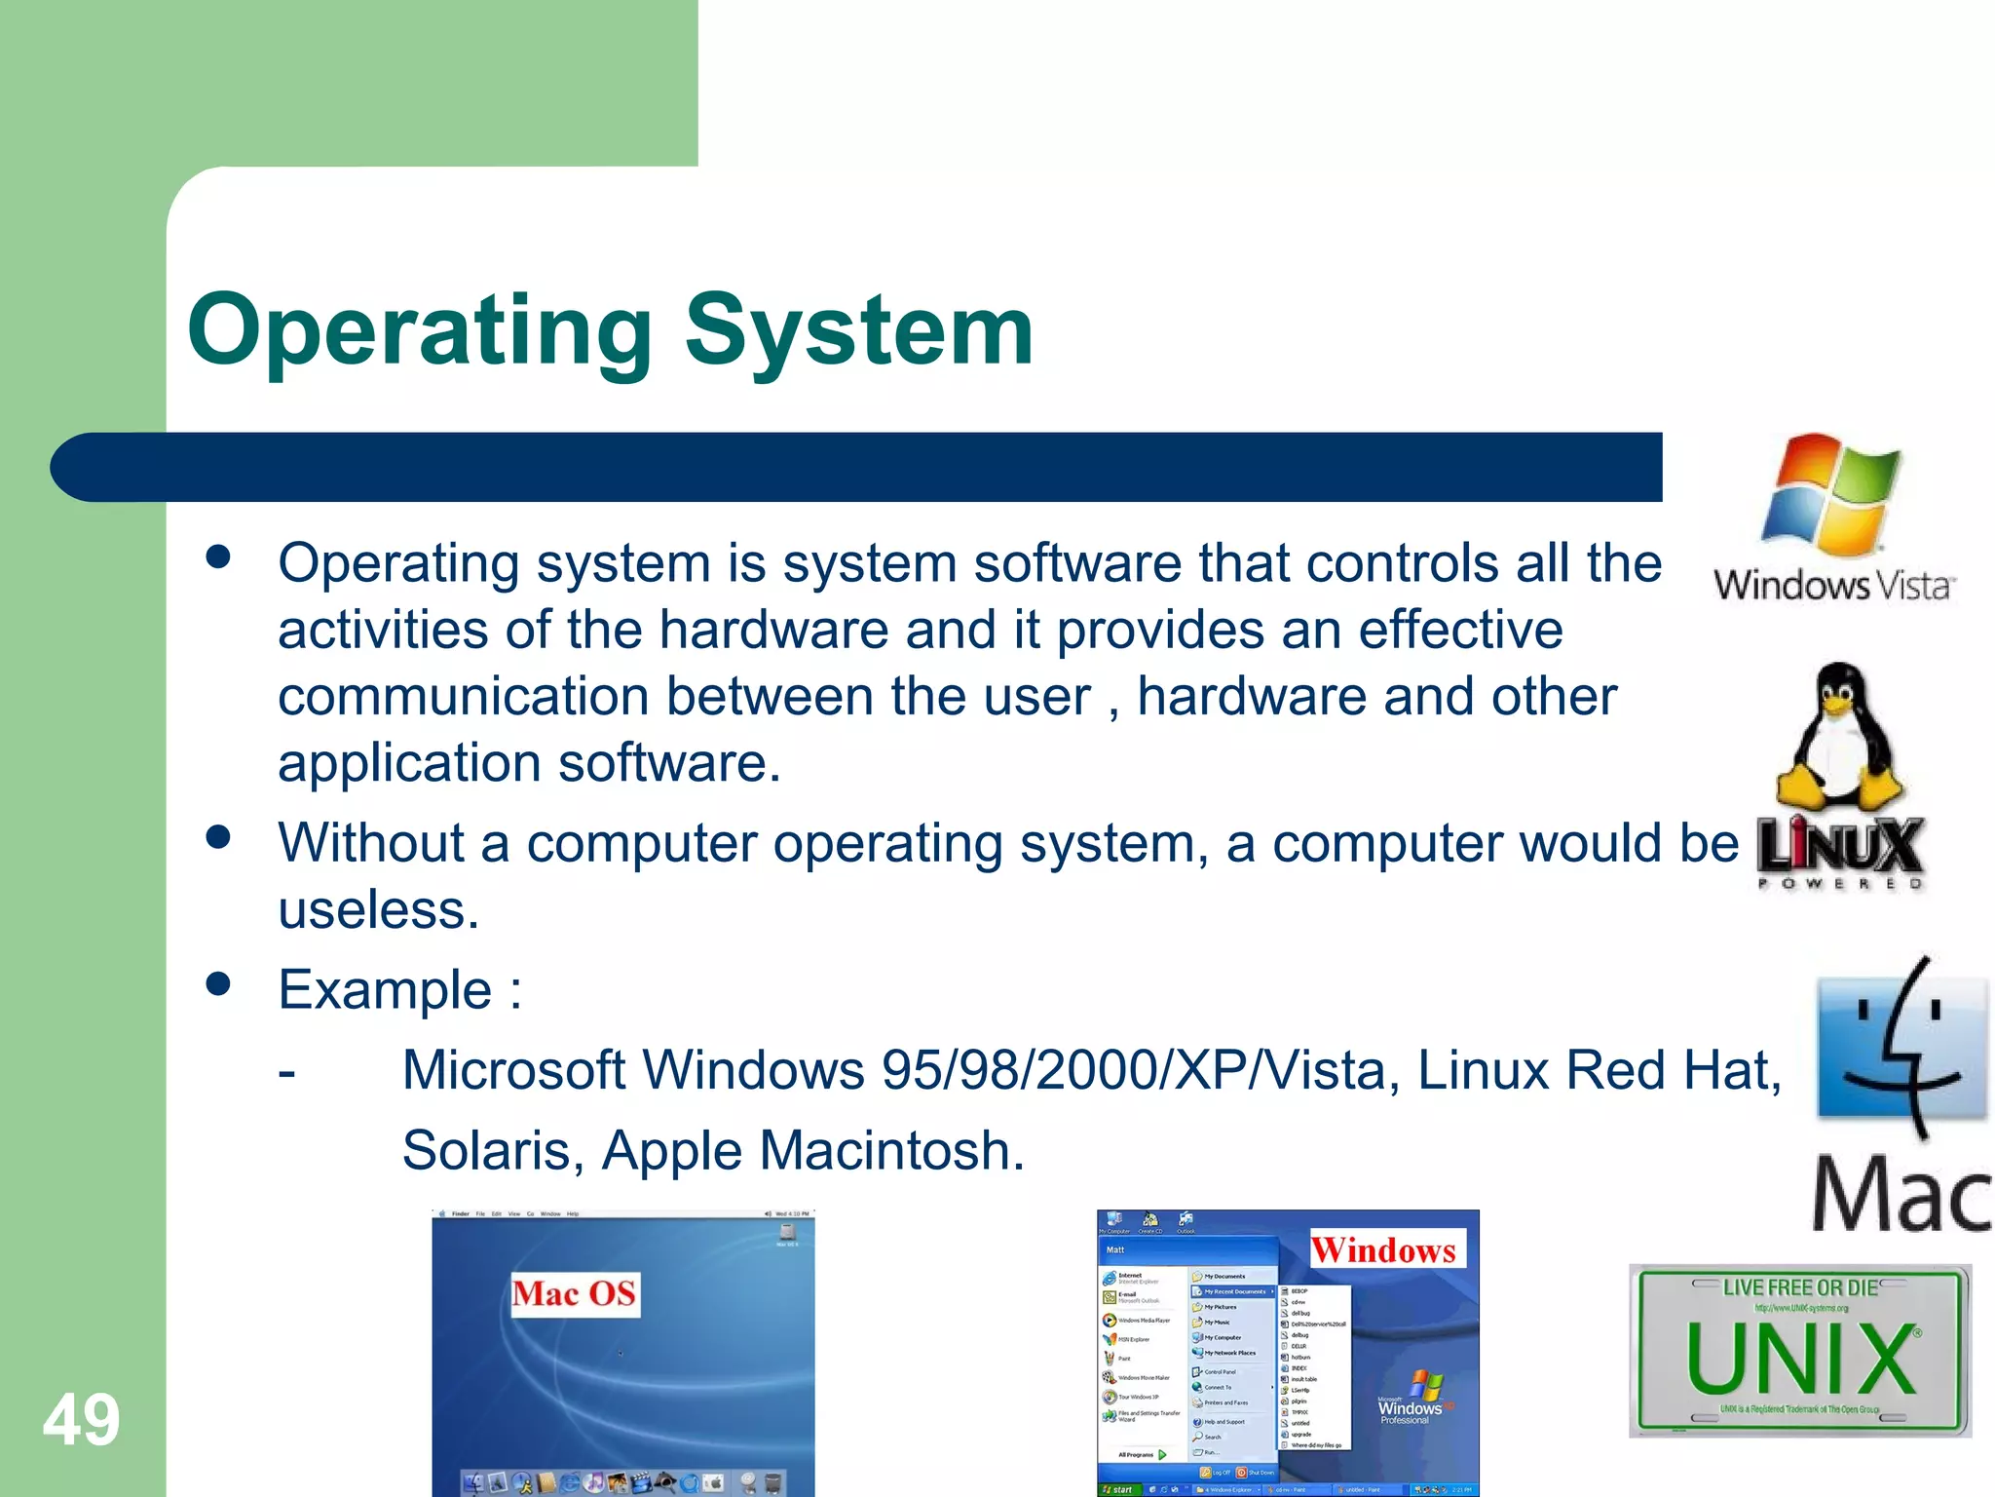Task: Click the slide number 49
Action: point(81,1420)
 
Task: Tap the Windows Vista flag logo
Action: point(1831,493)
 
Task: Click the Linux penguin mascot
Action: point(1839,736)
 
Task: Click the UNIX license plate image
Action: point(1800,1351)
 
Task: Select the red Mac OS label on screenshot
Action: point(575,1294)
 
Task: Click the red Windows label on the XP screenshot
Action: point(1383,1249)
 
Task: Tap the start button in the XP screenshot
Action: point(1117,1489)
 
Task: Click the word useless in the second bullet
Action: point(379,910)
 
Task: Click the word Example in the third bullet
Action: point(386,990)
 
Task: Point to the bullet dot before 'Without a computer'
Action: point(218,837)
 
